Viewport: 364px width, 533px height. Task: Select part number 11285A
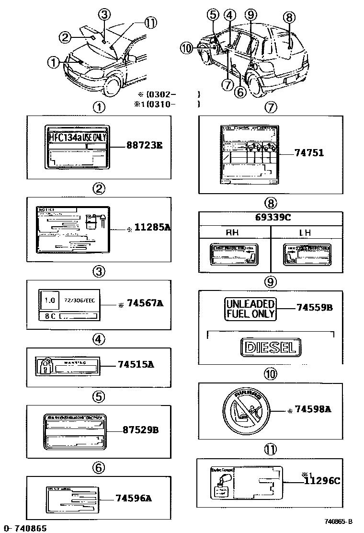[151, 229]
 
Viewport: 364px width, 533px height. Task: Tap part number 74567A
[145, 303]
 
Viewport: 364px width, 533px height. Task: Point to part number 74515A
[136, 364]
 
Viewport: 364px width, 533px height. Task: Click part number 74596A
[133, 498]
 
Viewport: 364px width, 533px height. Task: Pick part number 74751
[309, 153]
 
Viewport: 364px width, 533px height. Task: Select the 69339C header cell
[271, 218]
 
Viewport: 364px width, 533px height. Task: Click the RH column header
[235, 233]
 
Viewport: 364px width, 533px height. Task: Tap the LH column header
[305, 233]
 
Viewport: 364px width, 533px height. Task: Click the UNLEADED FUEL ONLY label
[250, 309]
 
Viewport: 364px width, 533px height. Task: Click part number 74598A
[313, 409]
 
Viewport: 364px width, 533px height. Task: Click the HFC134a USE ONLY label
[77, 137]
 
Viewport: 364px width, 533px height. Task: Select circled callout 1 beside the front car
[54, 61]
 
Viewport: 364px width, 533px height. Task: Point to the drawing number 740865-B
[340, 521]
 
